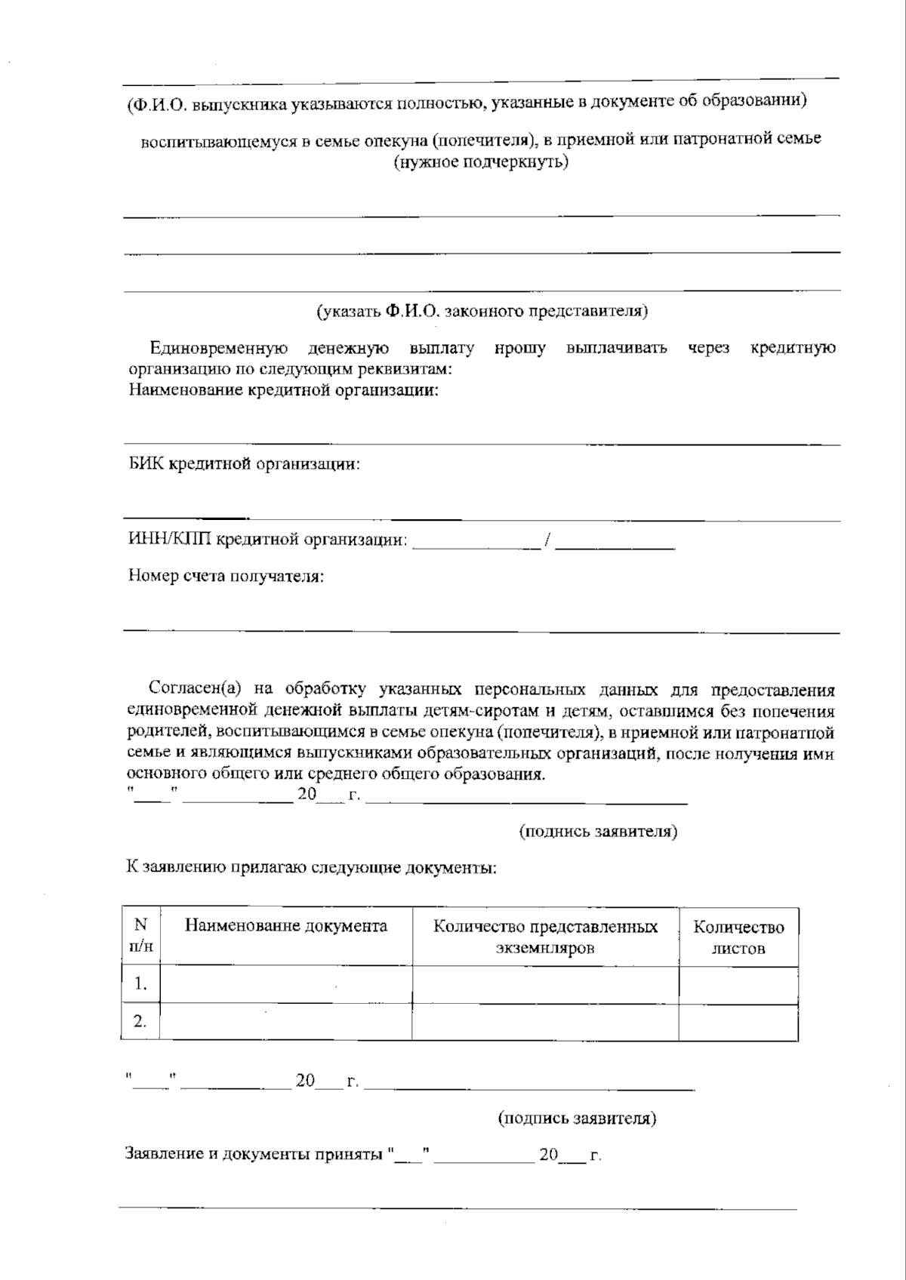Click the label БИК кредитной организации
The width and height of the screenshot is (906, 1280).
pos(243,464)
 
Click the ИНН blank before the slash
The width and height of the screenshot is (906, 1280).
pos(476,541)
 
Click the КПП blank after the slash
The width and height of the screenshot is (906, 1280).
pos(615,541)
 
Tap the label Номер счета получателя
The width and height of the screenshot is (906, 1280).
pos(226,577)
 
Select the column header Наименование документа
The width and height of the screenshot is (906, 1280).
pos(285,926)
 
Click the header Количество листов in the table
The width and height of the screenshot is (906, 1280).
pos(738,937)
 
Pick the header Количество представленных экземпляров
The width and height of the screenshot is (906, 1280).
pos(545,937)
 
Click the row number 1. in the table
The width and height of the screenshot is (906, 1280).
pos(140,984)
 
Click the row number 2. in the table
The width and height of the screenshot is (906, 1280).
pos(140,1022)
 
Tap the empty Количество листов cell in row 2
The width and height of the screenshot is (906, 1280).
pos(738,1022)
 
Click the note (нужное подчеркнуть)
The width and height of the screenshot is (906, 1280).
pos(481,162)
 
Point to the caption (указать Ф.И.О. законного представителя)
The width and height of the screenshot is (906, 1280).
pos(482,311)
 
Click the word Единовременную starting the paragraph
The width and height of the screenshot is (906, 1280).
pos(219,349)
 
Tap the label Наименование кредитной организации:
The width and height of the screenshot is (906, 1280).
pos(283,391)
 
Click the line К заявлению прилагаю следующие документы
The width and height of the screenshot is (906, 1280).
pos(311,867)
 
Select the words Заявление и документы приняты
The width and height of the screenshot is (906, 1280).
pos(254,1155)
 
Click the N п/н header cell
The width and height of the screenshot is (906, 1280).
pos(140,936)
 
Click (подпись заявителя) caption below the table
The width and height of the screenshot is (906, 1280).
pos(577,1118)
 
